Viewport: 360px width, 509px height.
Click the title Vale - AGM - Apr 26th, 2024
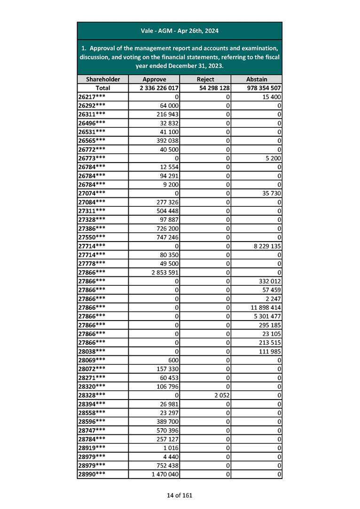[x=180, y=31]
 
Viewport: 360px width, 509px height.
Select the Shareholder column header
[x=103, y=79]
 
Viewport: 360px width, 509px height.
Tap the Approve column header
[x=154, y=79]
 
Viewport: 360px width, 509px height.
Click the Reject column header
[x=205, y=79]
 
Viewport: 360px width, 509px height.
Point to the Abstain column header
[x=257, y=79]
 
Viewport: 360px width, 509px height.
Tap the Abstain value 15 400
[x=271, y=96]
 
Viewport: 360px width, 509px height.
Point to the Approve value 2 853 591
[x=165, y=272]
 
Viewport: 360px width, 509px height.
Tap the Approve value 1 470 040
[x=165, y=474]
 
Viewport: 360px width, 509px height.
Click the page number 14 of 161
[x=180, y=495]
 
